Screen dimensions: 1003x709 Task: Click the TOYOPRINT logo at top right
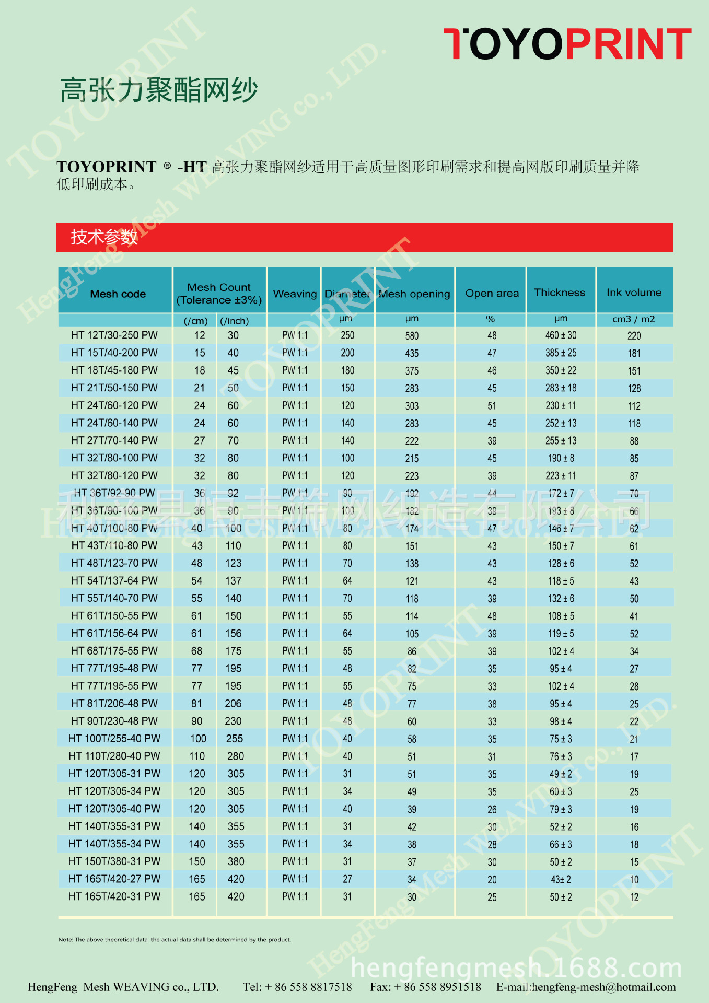point(567,44)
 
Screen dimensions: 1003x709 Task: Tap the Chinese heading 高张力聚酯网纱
point(159,90)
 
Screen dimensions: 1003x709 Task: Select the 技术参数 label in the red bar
point(104,237)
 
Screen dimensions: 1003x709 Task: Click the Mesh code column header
point(118,294)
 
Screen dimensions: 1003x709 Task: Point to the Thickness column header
point(560,293)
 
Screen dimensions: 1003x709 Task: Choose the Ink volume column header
point(634,293)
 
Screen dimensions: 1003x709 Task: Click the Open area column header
point(492,294)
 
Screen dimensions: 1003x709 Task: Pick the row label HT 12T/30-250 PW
point(114,335)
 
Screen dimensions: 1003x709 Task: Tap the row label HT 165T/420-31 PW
point(114,896)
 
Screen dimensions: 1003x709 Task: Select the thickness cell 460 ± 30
point(561,335)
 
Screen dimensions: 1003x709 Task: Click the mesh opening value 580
point(412,336)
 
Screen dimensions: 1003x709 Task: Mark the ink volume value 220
point(634,336)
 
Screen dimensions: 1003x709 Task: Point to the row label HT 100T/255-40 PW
point(114,739)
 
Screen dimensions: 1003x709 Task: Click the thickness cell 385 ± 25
point(561,353)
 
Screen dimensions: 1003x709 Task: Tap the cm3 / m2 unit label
point(633,319)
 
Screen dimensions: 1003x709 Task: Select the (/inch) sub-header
point(234,321)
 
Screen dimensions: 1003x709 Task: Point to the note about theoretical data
point(175,939)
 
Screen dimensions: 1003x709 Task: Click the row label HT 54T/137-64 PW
point(114,581)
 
